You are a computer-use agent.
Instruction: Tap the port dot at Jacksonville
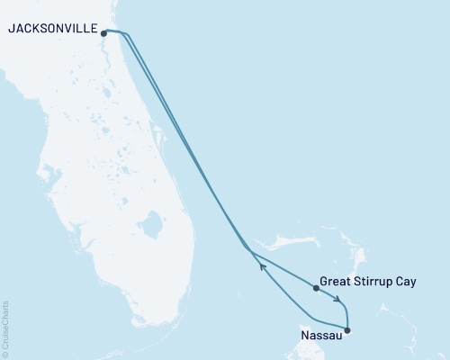coord(104,34)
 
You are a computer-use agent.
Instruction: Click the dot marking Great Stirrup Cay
coord(316,288)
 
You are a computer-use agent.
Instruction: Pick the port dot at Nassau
coord(347,330)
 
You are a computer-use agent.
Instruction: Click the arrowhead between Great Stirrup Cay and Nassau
coord(337,300)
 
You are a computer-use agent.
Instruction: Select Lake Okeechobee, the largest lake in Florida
coord(152,221)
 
